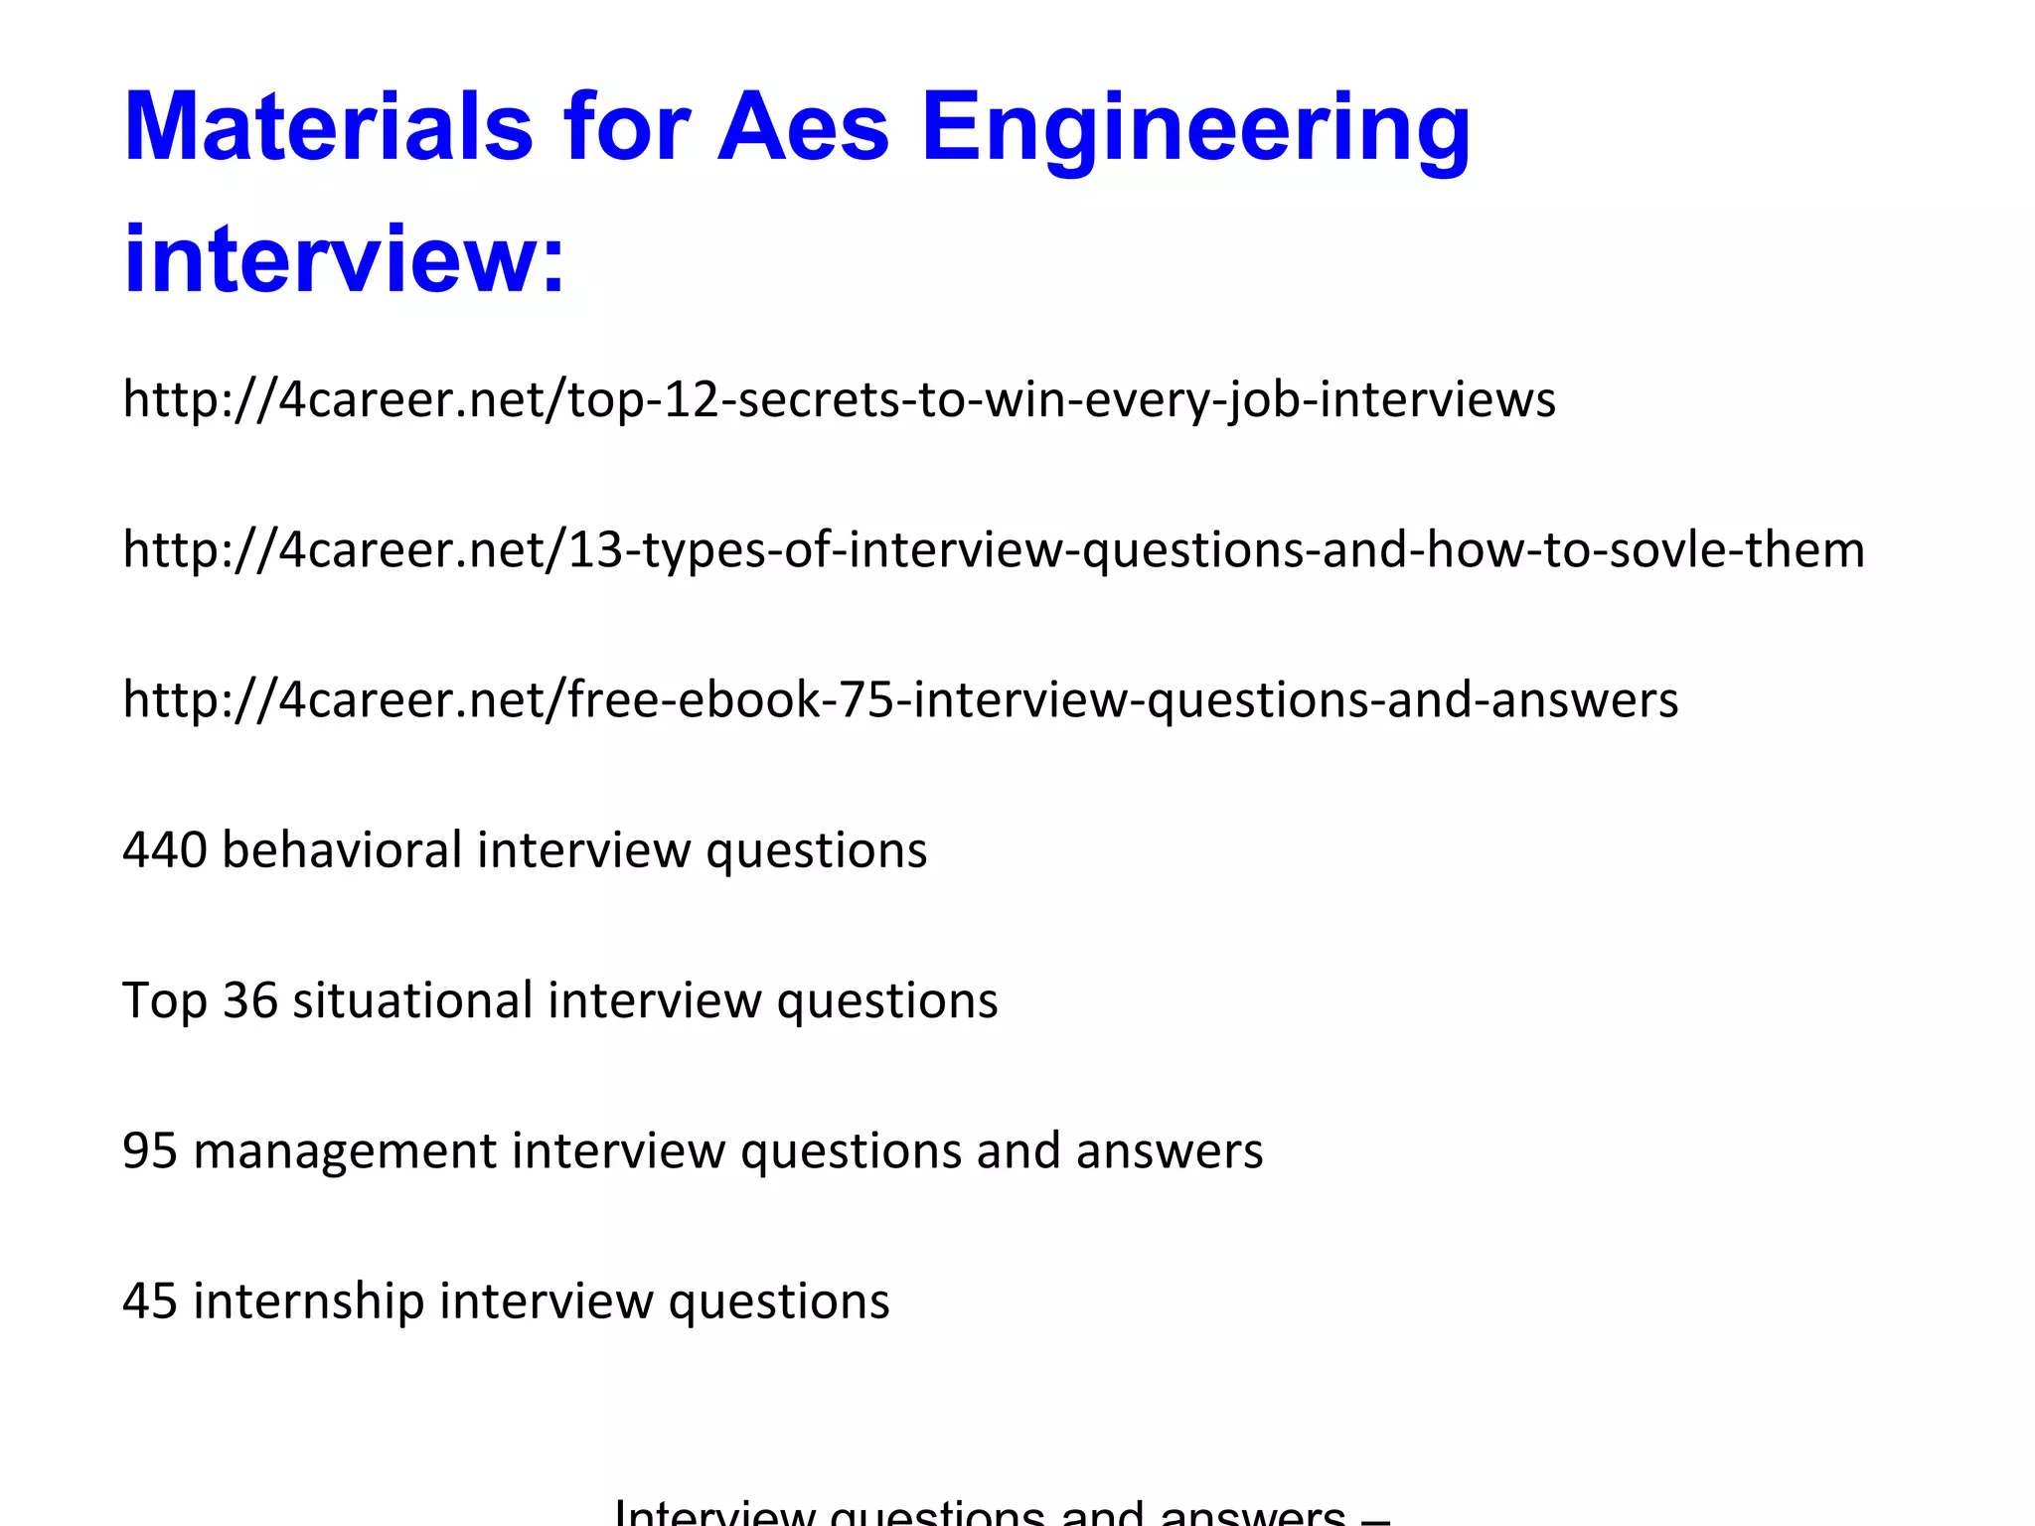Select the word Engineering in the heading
[x=1195, y=129]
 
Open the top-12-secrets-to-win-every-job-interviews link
[x=839, y=399]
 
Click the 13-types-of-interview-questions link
[x=994, y=549]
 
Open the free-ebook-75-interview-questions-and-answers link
[x=900, y=699]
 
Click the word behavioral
[x=342, y=849]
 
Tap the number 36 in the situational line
[x=249, y=1000]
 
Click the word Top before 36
[x=164, y=1000]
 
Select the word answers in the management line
[x=1169, y=1150]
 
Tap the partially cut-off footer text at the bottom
[x=1002, y=1512]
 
